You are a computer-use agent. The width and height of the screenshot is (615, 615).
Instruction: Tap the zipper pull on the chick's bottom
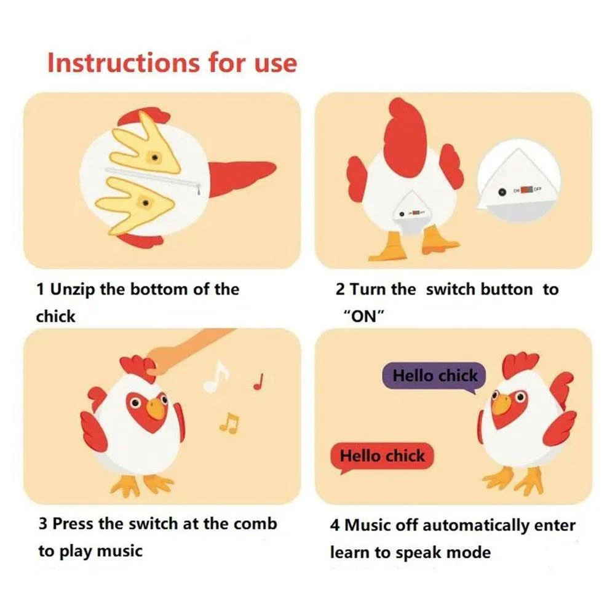(x=199, y=189)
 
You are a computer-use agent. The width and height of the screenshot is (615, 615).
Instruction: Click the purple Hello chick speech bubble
(x=434, y=377)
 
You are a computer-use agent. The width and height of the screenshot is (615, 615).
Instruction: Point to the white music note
(x=216, y=376)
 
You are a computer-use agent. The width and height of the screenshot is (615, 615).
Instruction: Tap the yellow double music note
(x=229, y=423)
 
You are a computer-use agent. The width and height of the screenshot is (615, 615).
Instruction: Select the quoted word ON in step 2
(x=363, y=315)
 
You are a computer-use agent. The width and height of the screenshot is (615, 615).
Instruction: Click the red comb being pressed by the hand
(x=137, y=367)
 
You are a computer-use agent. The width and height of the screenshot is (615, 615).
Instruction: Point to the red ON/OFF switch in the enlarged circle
(x=527, y=190)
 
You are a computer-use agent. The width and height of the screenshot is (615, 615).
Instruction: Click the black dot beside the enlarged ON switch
(x=502, y=192)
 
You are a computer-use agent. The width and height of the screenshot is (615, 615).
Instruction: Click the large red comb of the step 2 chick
(x=405, y=130)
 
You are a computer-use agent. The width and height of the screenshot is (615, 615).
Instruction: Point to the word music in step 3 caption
(x=120, y=552)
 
